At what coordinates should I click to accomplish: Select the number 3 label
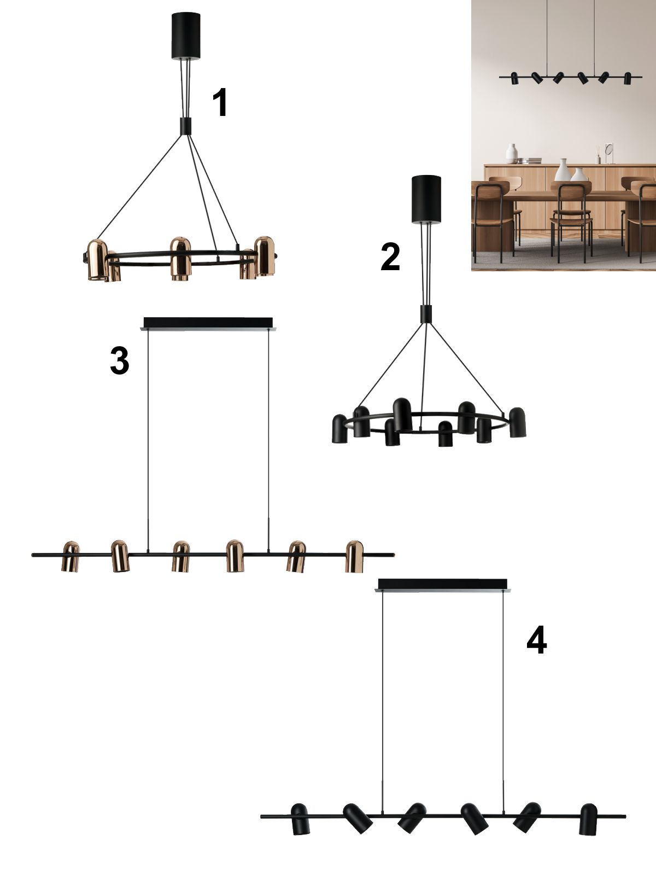pyautogui.click(x=120, y=361)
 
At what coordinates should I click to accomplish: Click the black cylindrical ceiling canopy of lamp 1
pyautogui.click(x=186, y=36)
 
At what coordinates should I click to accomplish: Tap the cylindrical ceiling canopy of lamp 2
pyautogui.click(x=426, y=199)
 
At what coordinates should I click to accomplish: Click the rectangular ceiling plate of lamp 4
pyautogui.click(x=443, y=585)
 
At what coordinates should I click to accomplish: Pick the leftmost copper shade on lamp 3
pyautogui.click(x=71, y=556)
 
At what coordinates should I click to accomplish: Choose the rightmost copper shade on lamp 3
pyautogui.click(x=354, y=557)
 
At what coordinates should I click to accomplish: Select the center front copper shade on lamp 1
pyautogui.click(x=180, y=258)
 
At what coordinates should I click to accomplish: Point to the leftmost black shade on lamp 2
pyautogui.click(x=339, y=429)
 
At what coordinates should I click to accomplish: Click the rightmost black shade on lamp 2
pyautogui.click(x=518, y=422)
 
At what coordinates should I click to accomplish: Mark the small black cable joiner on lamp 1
pyautogui.click(x=186, y=125)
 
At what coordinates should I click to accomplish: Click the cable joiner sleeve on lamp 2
pyautogui.click(x=426, y=314)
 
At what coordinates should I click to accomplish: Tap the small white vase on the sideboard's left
pyautogui.click(x=512, y=154)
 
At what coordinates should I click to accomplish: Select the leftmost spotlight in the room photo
pyautogui.click(x=514, y=78)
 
